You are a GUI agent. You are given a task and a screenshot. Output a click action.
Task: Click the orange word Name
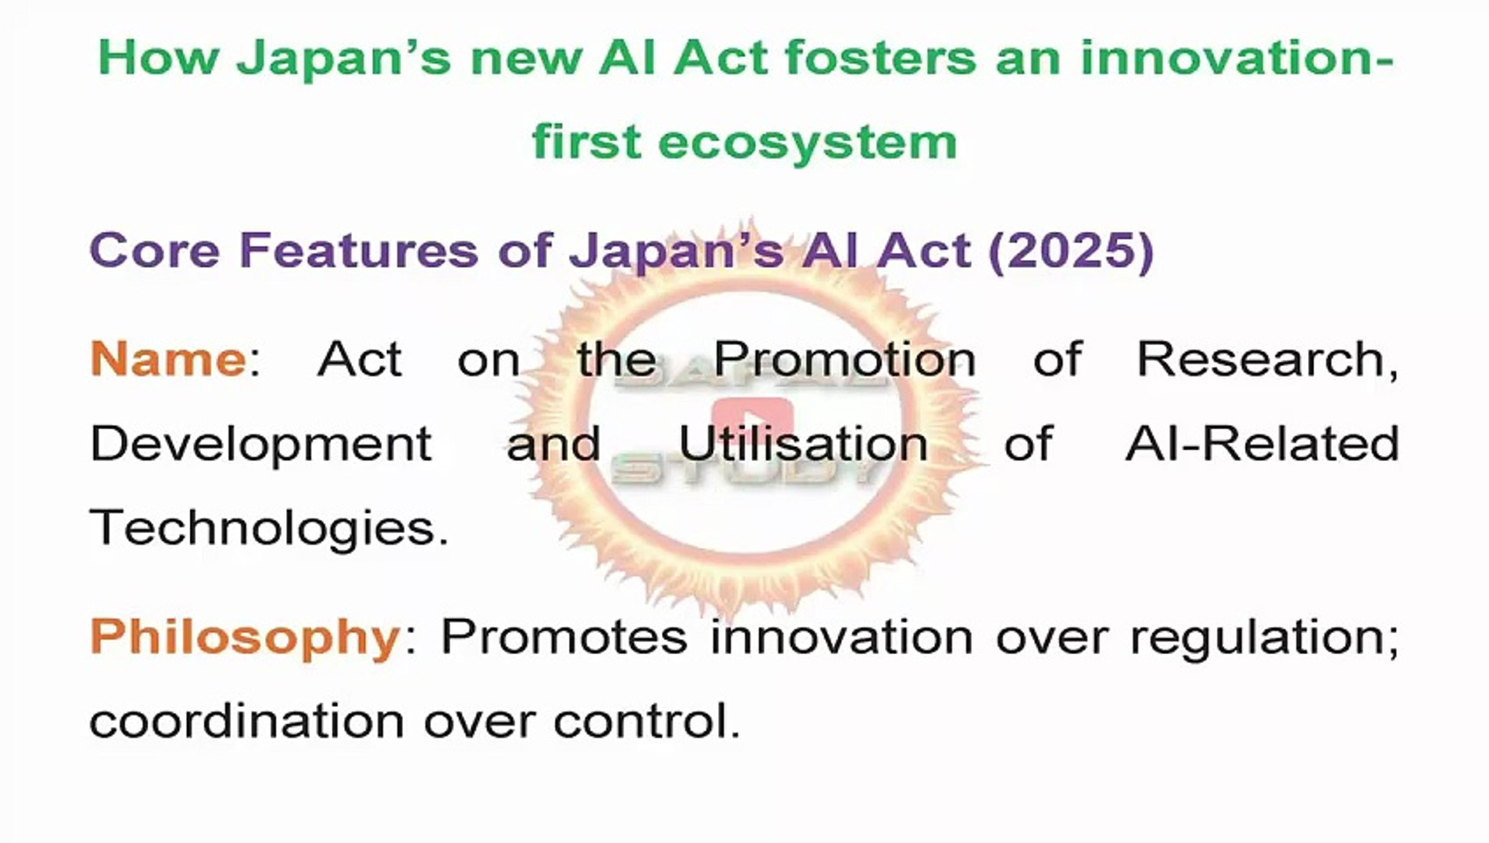[168, 359]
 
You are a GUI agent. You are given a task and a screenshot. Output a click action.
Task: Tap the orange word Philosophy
[245, 637]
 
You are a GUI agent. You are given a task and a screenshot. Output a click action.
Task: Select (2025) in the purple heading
[1071, 251]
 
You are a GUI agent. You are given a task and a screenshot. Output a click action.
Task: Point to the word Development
[261, 444]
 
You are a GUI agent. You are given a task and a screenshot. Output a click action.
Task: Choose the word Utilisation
[803, 443]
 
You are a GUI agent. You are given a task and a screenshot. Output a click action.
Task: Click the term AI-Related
[1262, 443]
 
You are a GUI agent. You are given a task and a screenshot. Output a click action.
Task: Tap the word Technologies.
[268, 528]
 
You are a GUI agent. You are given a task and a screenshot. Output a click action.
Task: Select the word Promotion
[844, 359]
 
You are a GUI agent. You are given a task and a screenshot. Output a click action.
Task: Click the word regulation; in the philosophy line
[1264, 637]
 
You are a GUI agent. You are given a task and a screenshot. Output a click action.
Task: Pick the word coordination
[246, 720]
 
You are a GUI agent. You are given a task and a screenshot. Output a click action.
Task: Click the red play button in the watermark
[752, 418]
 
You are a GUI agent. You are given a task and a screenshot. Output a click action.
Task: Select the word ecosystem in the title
[807, 143]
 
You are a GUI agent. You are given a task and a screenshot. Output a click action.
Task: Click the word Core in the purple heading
[154, 251]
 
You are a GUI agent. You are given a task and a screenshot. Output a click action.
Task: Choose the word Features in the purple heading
[358, 251]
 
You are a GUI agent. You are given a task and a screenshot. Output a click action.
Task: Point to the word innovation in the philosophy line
[841, 637]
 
